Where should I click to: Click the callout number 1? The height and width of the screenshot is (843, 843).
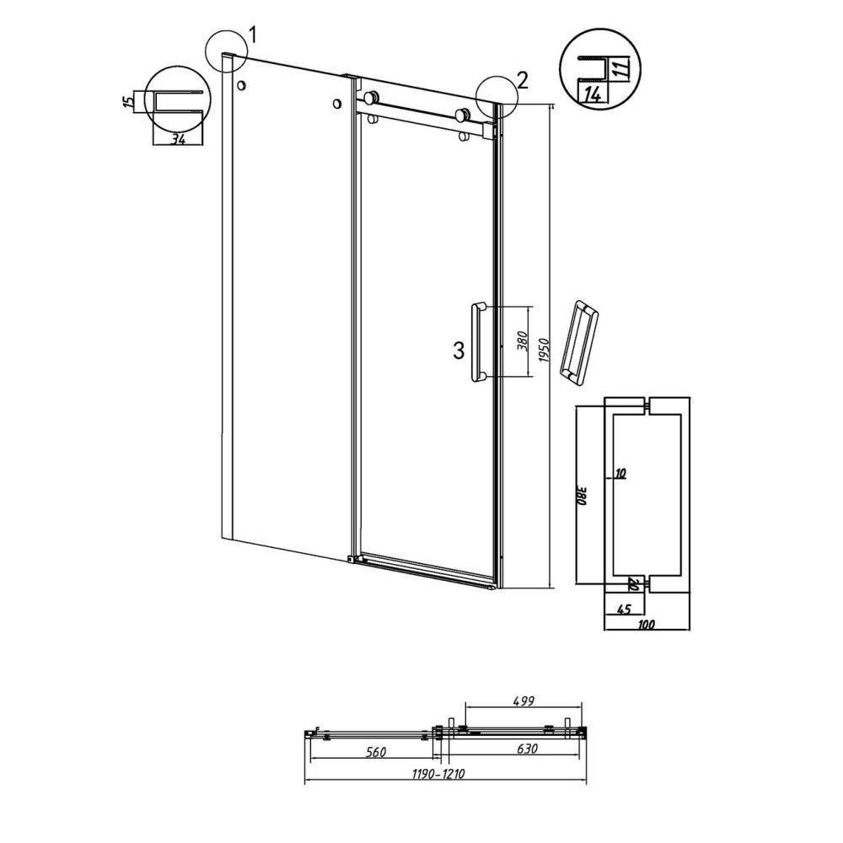pyautogui.click(x=252, y=35)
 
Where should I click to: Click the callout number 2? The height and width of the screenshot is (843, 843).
pyautogui.click(x=522, y=80)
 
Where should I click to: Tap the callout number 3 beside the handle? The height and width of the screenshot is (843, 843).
pyautogui.click(x=459, y=351)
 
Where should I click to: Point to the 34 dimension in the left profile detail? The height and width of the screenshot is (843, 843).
pyautogui.click(x=178, y=139)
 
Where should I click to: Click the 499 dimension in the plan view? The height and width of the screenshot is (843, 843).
pyautogui.click(x=523, y=701)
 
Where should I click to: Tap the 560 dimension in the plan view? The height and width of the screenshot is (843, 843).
pyautogui.click(x=375, y=752)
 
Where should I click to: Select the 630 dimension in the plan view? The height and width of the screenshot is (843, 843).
pyautogui.click(x=527, y=749)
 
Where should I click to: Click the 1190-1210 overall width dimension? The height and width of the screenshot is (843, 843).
pyautogui.click(x=438, y=774)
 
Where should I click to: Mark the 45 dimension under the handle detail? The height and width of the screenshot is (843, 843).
pyautogui.click(x=624, y=609)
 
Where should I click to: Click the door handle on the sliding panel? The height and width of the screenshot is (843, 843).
pyautogui.click(x=478, y=342)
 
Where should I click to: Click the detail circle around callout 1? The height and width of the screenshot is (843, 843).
pyautogui.click(x=226, y=51)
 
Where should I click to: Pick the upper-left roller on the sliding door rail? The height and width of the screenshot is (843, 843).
pyautogui.click(x=371, y=98)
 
